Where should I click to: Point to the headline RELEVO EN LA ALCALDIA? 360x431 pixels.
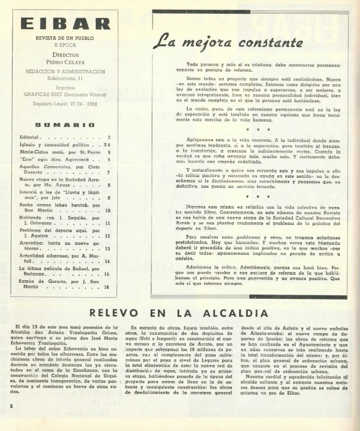179,311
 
